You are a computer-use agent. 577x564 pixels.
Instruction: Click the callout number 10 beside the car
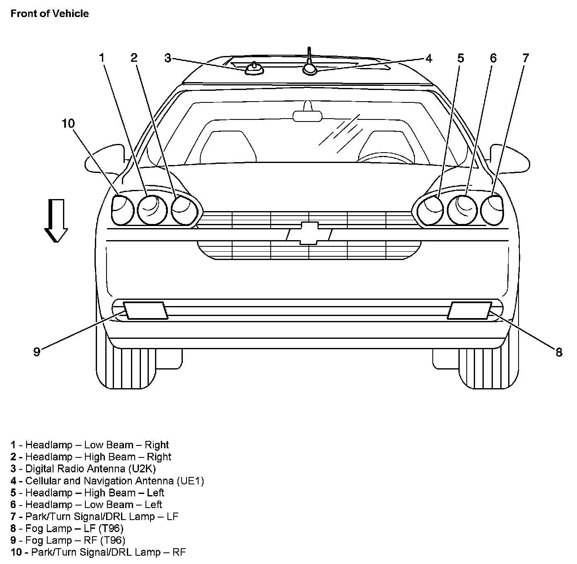pyautogui.click(x=68, y=124)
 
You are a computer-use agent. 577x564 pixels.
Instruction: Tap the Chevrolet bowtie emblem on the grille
pyautogui.click(x=309, y=233)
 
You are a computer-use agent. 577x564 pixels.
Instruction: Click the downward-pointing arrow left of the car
pyautogui.click(x=56, y=220)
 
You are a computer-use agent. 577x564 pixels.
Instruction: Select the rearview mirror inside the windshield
pyautogui.click(x=307, y=116)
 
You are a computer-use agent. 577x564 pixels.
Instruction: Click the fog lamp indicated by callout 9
pyautogui.click(x=145, y=311)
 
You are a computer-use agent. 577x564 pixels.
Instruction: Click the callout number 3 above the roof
pyautogui.click(x=167, y=58)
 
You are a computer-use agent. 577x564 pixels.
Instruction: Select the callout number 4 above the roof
pyautogui.click(x=429, y=58)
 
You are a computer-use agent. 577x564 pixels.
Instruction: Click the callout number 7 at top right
pyautogui.click(x=525, y=58)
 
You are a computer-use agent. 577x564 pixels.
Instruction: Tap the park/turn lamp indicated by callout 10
pyautogui.click(x=122, y=209)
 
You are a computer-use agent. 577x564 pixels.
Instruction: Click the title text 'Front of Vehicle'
pyautogui.click(x=50, y=14)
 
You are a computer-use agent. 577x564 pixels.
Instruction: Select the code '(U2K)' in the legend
pyautogui.click(x=142, y=469)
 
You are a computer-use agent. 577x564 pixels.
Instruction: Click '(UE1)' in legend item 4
pyautogui.click(x=190, y=481)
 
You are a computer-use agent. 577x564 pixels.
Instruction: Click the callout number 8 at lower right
pyautogui.click(x=559, y=352)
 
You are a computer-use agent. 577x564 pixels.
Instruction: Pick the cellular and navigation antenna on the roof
pyautogui.click(x=310, y=68)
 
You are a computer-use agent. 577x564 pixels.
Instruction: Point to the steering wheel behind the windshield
pyautogui.click(x=385, y=157)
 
